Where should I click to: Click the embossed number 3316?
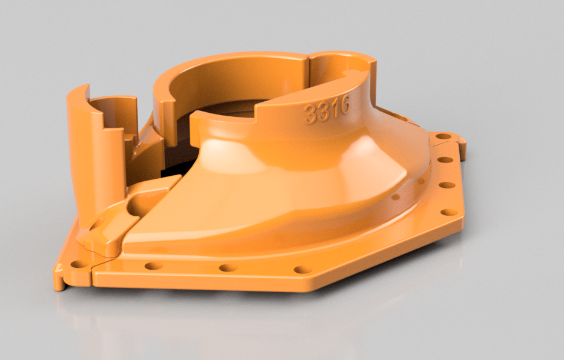(x=327, y=110)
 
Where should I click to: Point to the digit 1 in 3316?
(x=332, y=108)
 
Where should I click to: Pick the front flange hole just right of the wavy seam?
(x=153, y=265)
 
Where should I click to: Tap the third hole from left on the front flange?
(x=228, y=268)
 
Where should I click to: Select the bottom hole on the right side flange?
(x=449, y=212)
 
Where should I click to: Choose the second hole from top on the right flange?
(x=445, y=160)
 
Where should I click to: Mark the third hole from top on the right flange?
(x=447, y=185)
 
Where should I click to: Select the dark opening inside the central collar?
(x=224, y=111)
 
